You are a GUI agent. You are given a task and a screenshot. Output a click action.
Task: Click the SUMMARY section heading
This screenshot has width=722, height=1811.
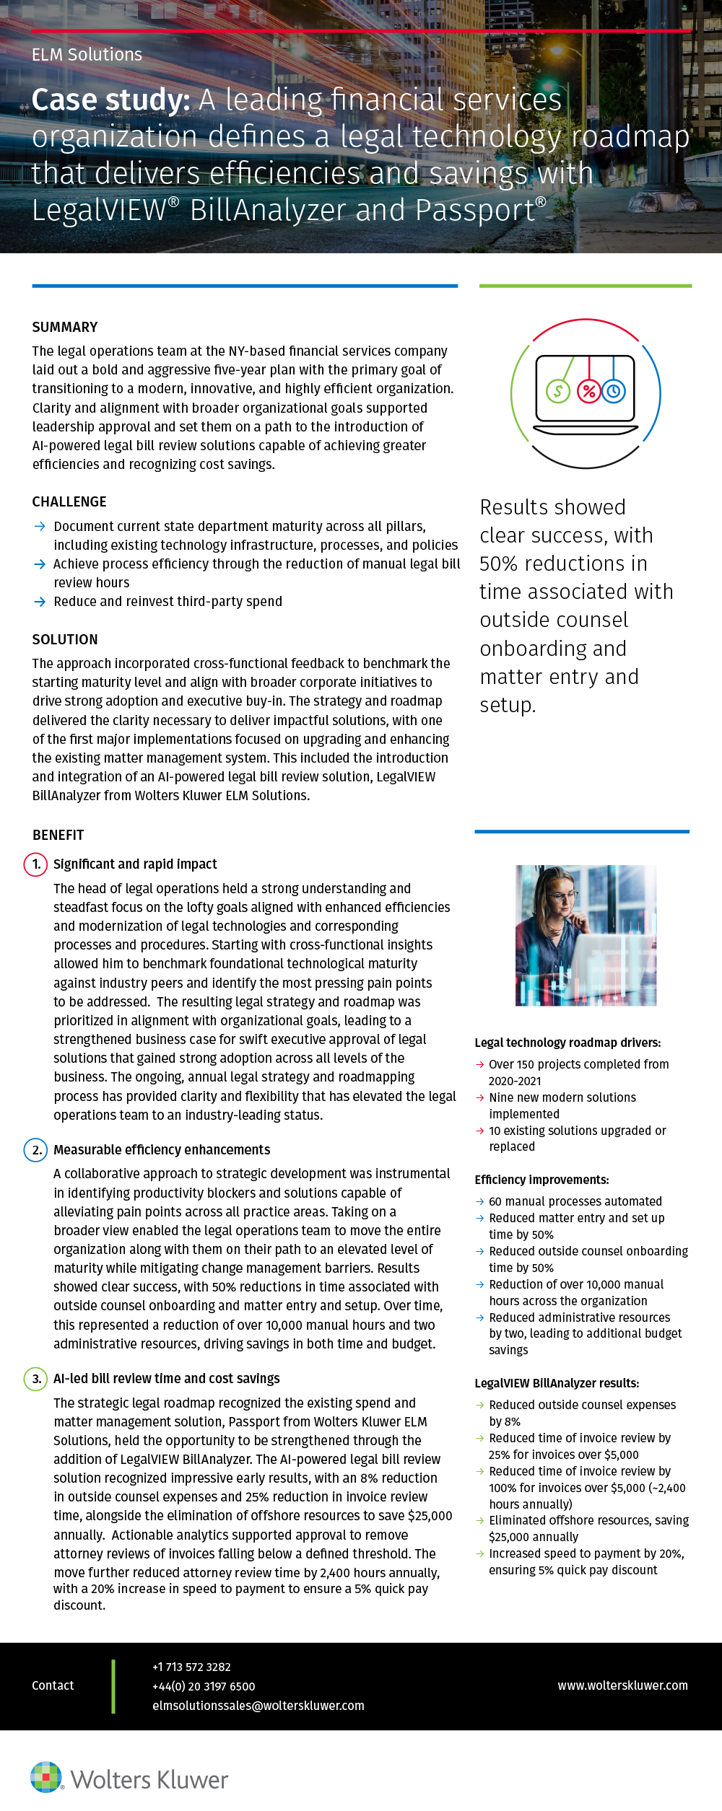point(65,327)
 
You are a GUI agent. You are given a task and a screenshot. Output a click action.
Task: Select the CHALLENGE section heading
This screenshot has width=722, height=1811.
point(69,501)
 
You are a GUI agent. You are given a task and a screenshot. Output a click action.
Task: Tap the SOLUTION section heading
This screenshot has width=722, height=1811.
point(65,639)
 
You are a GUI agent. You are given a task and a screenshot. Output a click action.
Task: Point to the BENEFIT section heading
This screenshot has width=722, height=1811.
point(58,835)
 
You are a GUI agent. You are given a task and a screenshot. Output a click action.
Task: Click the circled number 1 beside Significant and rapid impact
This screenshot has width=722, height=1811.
point(35,864)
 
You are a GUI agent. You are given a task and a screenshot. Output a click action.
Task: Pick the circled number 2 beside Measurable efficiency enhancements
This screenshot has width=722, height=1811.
point(35,1149)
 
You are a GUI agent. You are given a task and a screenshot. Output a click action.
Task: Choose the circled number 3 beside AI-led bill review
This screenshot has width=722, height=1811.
point(35,1379)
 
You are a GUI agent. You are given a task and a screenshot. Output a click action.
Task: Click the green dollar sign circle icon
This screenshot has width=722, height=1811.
point(558,392)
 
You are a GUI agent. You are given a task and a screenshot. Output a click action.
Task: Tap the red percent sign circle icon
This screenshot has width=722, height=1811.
point(589,392)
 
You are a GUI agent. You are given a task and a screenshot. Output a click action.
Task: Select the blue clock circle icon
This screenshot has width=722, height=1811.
point(614,391)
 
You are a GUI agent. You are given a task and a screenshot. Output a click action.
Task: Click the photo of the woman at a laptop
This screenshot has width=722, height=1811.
point(586,935)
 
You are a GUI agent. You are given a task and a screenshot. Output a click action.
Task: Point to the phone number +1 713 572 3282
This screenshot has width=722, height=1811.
point(191,1667)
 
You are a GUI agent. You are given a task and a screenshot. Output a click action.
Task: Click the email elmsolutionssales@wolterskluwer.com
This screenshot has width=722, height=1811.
point(258,1706)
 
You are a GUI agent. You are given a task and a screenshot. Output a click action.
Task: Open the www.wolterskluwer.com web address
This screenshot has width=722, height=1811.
point(622,1685)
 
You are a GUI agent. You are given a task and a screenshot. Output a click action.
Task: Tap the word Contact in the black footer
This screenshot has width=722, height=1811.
point(53,1685)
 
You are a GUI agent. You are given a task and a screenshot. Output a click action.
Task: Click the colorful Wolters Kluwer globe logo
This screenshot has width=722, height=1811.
point(46,1776)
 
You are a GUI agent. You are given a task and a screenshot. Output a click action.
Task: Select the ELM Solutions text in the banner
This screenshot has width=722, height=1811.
point(87,55)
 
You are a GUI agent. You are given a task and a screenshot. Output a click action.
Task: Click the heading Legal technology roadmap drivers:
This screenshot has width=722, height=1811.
point(567,1043)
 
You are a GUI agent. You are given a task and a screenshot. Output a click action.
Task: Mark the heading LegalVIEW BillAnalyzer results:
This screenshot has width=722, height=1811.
point(557,1383)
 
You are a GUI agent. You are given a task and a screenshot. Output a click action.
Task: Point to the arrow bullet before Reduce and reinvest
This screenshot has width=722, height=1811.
point(40,602)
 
